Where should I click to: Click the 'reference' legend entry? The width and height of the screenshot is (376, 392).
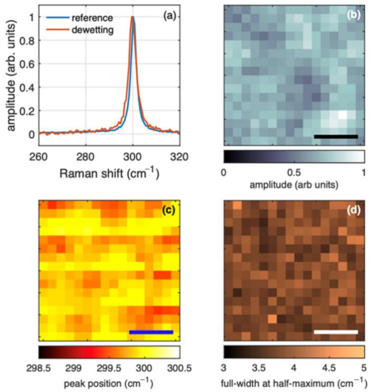click(92, 18)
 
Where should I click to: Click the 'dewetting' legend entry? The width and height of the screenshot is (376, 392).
click(92, 30)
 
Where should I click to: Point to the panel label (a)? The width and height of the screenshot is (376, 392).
click(170, 16)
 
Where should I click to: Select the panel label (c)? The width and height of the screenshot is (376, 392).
click(168, 210)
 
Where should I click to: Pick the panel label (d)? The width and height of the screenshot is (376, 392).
click(353, 210)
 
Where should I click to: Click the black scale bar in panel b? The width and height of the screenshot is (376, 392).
click(336, 137)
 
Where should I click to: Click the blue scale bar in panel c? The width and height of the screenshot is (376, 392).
click(151, 332)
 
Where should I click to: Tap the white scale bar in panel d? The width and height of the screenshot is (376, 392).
click(336, 332)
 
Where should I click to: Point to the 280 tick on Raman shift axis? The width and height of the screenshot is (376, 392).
click(86, 157)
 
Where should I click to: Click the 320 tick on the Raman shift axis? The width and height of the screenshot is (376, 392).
click(179, 157)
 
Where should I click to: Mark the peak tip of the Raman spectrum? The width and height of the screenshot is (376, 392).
click(132, 17)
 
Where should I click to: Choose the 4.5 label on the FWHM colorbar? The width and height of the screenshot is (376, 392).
click(329, 368)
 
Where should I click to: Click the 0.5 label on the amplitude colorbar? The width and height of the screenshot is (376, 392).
click(294, 173)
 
